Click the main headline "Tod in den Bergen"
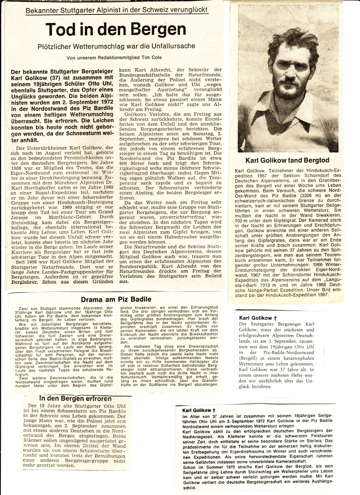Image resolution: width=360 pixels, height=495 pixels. point(116,30)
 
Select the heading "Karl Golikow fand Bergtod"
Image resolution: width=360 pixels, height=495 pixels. point(287,160)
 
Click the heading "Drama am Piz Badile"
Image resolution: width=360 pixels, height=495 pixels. point(116,299)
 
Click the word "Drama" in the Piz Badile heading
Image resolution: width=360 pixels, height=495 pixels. point(92,299)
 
